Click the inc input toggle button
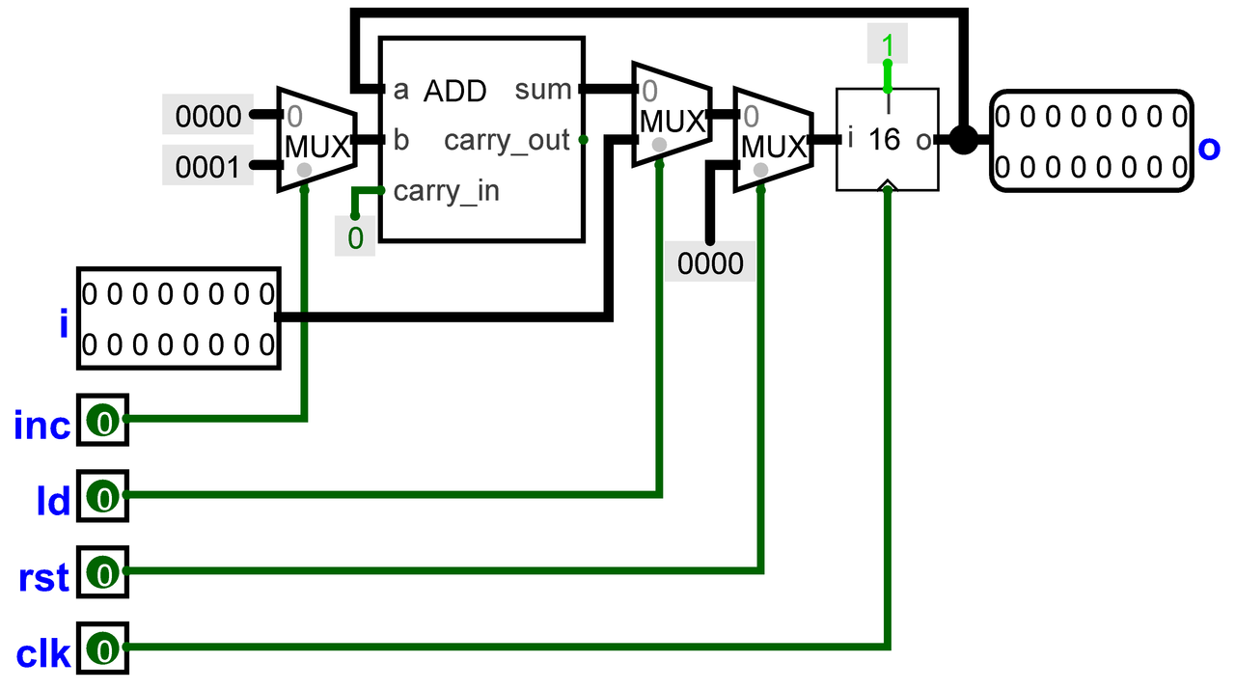[103, 421]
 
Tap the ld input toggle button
[103, 496]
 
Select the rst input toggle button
[103, 572]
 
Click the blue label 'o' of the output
[1209, 149]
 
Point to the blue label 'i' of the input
[64, 322]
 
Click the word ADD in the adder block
[454, 91]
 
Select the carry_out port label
[507, 141]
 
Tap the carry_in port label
[447, 191]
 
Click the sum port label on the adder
[542, 90]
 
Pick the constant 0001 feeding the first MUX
[207, 166]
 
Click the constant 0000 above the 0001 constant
[207, 115]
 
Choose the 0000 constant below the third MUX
[710, 262]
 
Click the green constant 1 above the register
[887, 43]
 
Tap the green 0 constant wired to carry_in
[355, 237]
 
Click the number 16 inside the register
[885, 139]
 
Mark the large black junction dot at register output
[963, 140]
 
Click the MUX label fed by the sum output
[672, 122]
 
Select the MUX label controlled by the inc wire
[317, 148]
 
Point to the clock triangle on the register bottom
[887, 185]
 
